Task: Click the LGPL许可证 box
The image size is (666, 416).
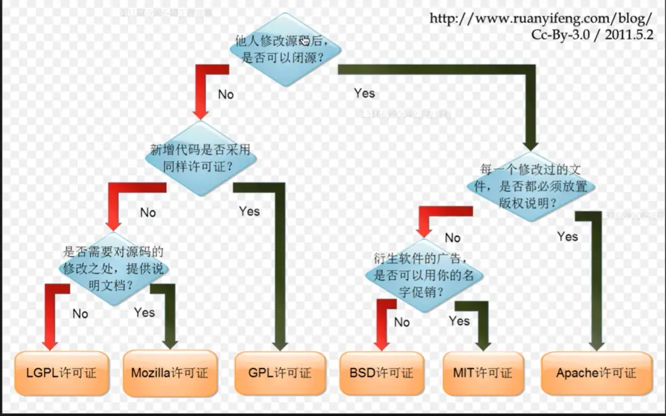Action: tap(61, 373)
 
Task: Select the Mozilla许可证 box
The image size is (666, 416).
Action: tap(169, 373)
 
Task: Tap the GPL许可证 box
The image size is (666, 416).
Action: tap(280, 373)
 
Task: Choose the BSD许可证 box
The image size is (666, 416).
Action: tap(381, 373)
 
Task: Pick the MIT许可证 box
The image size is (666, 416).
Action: tap(482, 373)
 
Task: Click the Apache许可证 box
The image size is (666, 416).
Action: tap(596, 373)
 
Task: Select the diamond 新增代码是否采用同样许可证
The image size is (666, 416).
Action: tap(201, 159)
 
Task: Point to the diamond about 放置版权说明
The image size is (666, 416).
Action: tap(530, 187)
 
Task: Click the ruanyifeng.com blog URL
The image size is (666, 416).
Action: tap(540, 18)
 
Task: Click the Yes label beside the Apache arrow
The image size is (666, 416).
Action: tap(568, 236)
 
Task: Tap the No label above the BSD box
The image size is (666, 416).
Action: tap(402, 322)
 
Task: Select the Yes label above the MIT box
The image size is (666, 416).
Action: tap(459, 321)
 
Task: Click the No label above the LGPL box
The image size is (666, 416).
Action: tap(80, 313)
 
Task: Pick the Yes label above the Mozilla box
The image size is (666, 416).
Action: tap(144, 312)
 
